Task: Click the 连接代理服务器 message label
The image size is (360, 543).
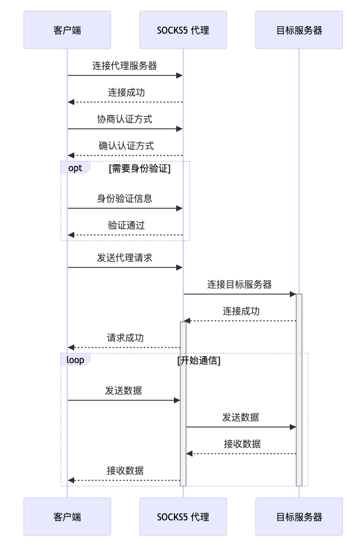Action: point(125,66)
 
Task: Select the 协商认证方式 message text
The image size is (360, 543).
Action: point(125,119)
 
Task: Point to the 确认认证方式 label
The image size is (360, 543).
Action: point(126,146)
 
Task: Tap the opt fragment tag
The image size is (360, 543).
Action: point(75,168)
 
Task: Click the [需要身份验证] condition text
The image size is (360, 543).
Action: point(140,168)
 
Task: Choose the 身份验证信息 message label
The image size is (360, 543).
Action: point(125,198)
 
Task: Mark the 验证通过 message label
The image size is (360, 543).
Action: point(126,225)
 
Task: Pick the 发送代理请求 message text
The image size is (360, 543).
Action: point(125,258)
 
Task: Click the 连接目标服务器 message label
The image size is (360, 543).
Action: point(239,284)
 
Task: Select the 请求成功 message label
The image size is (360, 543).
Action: point(125,338)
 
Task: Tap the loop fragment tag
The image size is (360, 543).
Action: point(75,360)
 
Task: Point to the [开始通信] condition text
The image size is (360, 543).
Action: point(199,360)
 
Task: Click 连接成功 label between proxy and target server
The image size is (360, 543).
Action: point(241,311)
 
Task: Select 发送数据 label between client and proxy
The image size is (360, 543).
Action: point(123,390)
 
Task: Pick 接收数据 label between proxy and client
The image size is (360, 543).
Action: point(125,470)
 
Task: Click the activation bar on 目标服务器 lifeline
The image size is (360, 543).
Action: point(299,389)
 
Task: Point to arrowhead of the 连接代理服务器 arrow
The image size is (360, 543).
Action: point(180,75)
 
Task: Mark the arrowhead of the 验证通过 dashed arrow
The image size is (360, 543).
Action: point(71,235)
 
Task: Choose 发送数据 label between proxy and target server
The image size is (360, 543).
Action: point(241,417)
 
